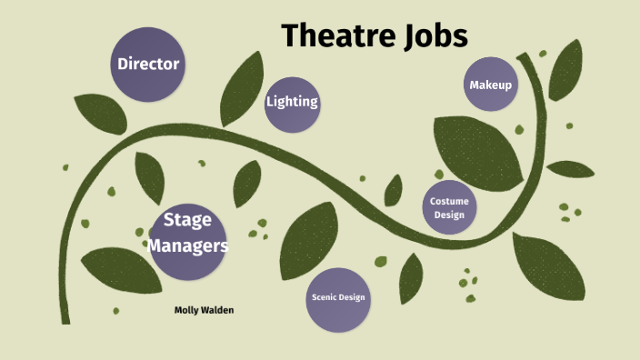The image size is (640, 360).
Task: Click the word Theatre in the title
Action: [x=334, y=36]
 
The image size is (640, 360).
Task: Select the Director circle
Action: [x=148, y=65]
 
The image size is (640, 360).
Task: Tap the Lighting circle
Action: [x=292, y=101]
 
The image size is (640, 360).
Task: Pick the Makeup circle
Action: [x=491, y=85]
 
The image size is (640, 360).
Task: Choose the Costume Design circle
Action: [x=448, y=207]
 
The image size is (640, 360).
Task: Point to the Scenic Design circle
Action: [x=339, y=298]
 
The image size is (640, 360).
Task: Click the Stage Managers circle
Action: [x=188, y=234]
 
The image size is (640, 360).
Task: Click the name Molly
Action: [x=188, y=310]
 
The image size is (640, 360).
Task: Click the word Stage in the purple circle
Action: [x=188, y=221]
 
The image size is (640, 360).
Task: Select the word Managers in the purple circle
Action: [x=188, y=245]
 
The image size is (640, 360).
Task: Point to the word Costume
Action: [x=448, y=201]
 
